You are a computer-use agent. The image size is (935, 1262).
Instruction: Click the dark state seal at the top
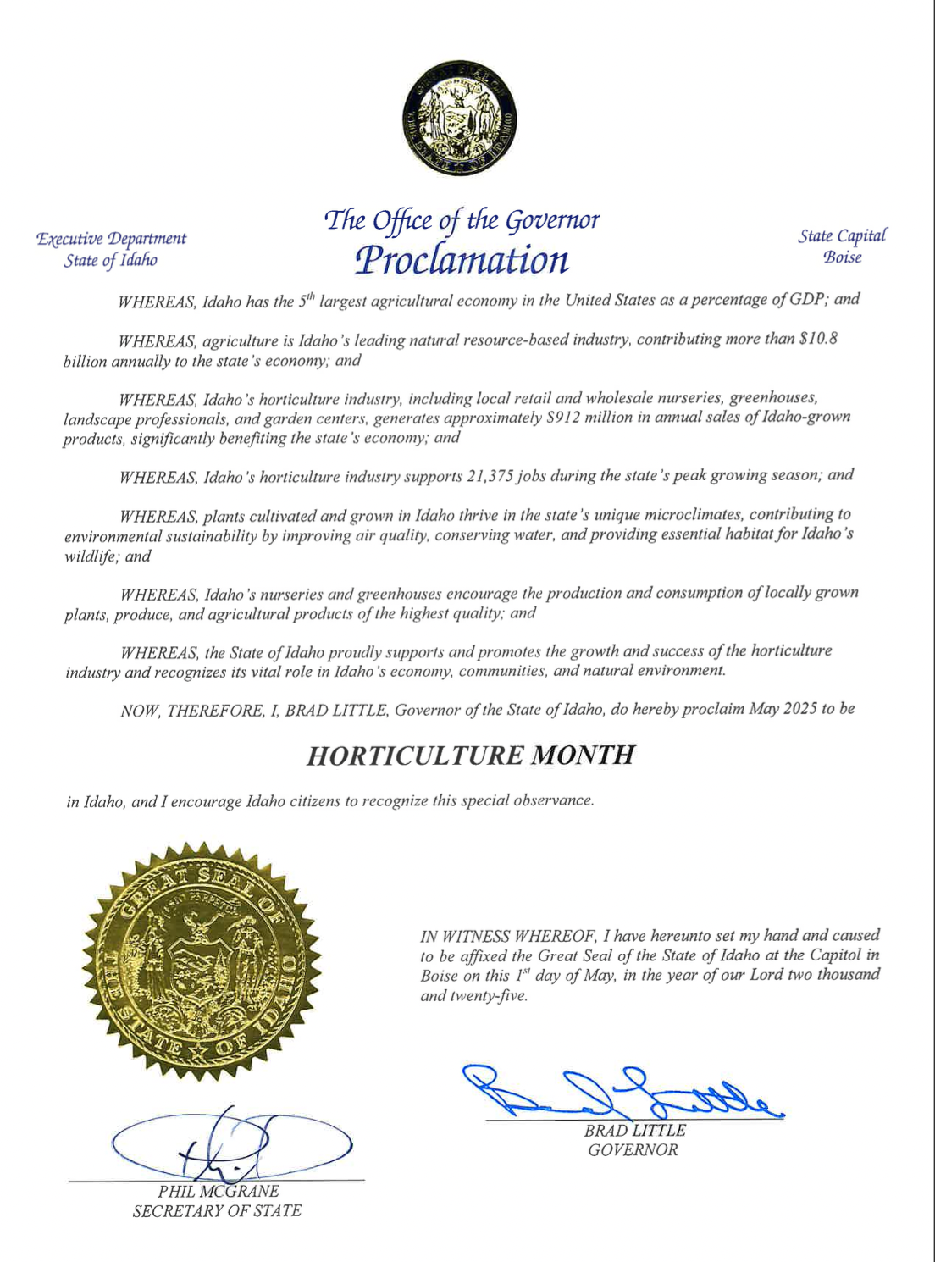460,118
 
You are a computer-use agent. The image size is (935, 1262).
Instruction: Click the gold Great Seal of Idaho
202,960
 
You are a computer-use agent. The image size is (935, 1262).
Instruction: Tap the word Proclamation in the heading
462,259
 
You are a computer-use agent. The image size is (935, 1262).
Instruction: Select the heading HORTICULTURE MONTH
470,755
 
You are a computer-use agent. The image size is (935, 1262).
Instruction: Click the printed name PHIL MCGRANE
219,1191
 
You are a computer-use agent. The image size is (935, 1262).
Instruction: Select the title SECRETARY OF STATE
217,1211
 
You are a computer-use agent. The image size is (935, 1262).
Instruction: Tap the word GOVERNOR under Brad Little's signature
633,1150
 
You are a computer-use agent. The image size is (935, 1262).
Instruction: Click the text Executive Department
111,239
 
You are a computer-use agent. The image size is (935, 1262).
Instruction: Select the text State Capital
841,236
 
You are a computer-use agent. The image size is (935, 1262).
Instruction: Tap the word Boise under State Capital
842,257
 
